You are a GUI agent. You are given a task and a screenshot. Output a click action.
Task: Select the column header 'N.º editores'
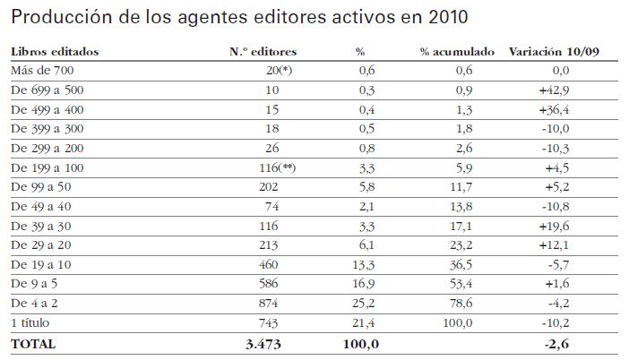pos(263,52)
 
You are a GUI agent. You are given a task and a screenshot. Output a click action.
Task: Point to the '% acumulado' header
pos(457,52)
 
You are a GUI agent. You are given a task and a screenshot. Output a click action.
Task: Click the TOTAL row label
pos(32,343)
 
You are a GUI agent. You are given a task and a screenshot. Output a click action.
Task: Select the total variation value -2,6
pos(559,343)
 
